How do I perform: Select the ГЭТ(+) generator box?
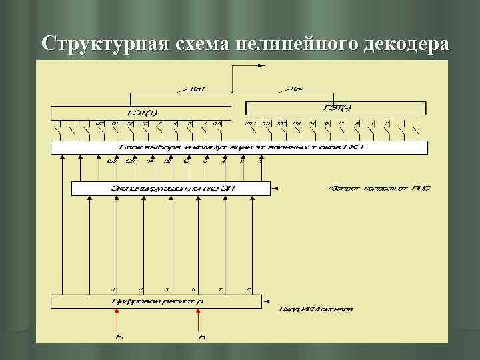141,111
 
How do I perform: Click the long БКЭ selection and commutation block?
240,147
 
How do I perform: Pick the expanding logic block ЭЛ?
170,189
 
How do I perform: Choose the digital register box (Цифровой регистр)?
157,301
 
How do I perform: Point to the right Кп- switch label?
298,89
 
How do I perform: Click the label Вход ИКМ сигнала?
316,309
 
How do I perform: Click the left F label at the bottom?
118,337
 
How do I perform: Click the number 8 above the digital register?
248,289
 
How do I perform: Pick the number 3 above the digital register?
114,289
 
